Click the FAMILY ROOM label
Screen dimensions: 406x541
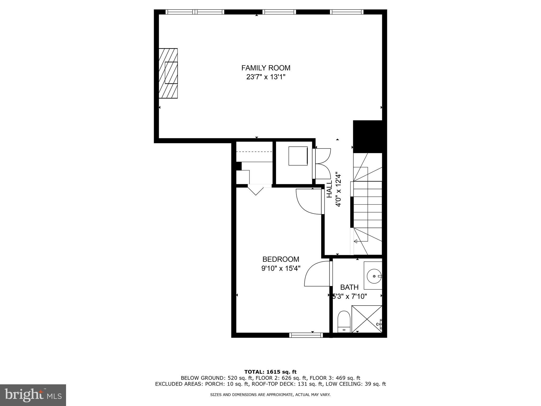click(266, 68)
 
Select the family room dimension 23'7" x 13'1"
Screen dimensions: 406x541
click(266, 77)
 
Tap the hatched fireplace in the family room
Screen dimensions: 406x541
click(168, 73)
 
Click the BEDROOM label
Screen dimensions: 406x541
click(281, 259)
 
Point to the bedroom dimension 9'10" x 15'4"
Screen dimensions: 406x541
click(281, 269)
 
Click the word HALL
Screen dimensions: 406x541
click(329, 189)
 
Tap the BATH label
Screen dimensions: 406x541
click(349, 287)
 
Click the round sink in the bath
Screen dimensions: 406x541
click(373, 276)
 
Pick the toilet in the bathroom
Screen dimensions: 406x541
click(344, 322)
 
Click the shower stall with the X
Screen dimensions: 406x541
click(367, 319)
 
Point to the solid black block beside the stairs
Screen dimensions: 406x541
click(368, 137)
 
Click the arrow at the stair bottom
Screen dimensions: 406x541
click(356, 241)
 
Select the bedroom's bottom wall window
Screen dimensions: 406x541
click(306, 335)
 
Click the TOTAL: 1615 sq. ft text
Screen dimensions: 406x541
click(270, 372)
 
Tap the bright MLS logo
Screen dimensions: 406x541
click(33, 395)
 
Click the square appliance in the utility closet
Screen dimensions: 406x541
click(298, 156)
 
